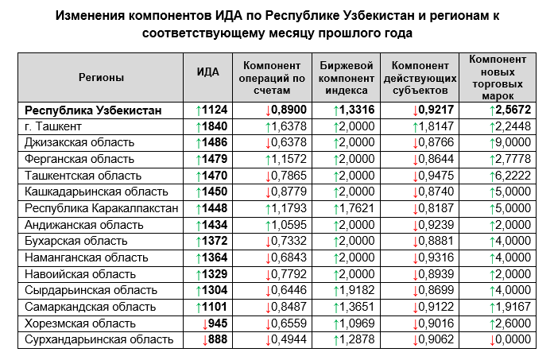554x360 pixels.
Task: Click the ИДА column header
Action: click(x=207, y=72)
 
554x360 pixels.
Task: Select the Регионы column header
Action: click(x=101, y=78)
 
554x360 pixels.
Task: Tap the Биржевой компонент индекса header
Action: click(x=347, y=78)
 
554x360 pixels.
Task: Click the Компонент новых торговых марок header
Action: click(x=498, y=78)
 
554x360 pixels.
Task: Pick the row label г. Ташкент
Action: click(x=53, y=126)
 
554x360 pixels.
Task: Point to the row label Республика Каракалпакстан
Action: click(x=102, y=208)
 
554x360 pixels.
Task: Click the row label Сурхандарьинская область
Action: click(x=99, y=339)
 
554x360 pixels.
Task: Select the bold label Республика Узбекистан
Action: click(x=93, y=110)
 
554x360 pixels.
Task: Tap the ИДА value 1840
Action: click(x=215, y=126)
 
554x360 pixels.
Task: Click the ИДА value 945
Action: click(x=218, y=323)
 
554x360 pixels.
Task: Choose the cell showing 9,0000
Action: click(x=513, y=142)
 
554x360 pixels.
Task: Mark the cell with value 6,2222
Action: click(x=513, y=176)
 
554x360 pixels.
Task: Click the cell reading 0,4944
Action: click(x=289, y=339)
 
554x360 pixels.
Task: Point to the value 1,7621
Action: click(x=357, y=208)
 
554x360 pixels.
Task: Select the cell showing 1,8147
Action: click(x=436, y=126)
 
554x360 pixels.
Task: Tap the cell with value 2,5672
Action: click(x=513, y=110)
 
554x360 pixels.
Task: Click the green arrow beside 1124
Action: click(x=199, y=111)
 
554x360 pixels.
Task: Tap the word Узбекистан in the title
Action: click(x=379, y=16)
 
